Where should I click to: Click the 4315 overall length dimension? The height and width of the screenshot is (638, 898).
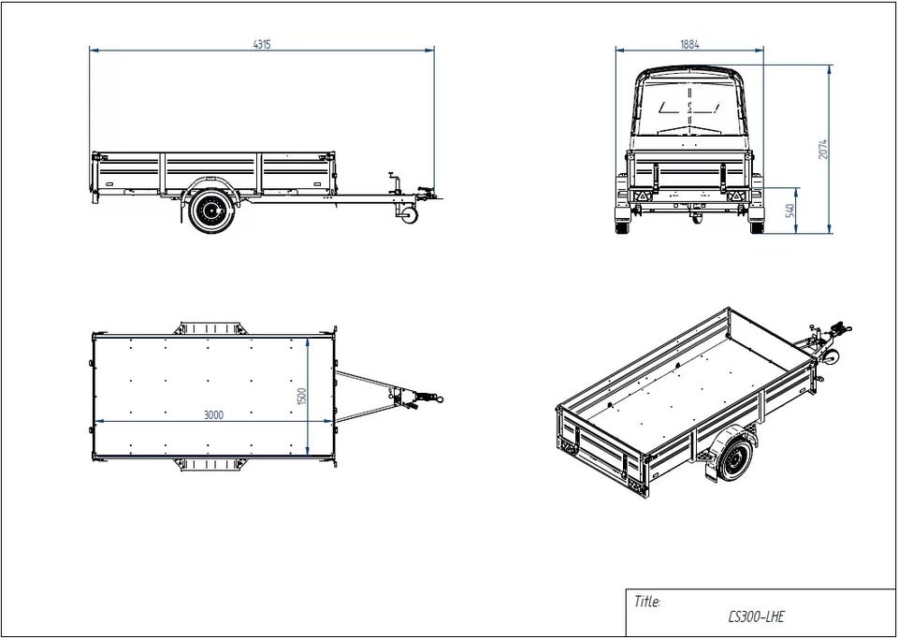coord(262,44)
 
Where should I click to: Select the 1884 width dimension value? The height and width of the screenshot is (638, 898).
coord(689,44)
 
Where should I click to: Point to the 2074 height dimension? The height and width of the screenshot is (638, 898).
coord(823,150)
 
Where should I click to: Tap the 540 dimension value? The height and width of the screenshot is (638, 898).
coord(790,210)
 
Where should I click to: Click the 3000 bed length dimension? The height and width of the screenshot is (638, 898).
coord(213,415)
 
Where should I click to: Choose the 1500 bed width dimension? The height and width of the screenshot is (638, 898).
coord(302,397)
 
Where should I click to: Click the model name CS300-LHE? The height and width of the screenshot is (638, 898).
coord(756,616)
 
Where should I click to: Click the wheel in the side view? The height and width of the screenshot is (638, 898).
coord(211,210)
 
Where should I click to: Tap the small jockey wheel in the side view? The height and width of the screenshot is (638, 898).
coord(409,215)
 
